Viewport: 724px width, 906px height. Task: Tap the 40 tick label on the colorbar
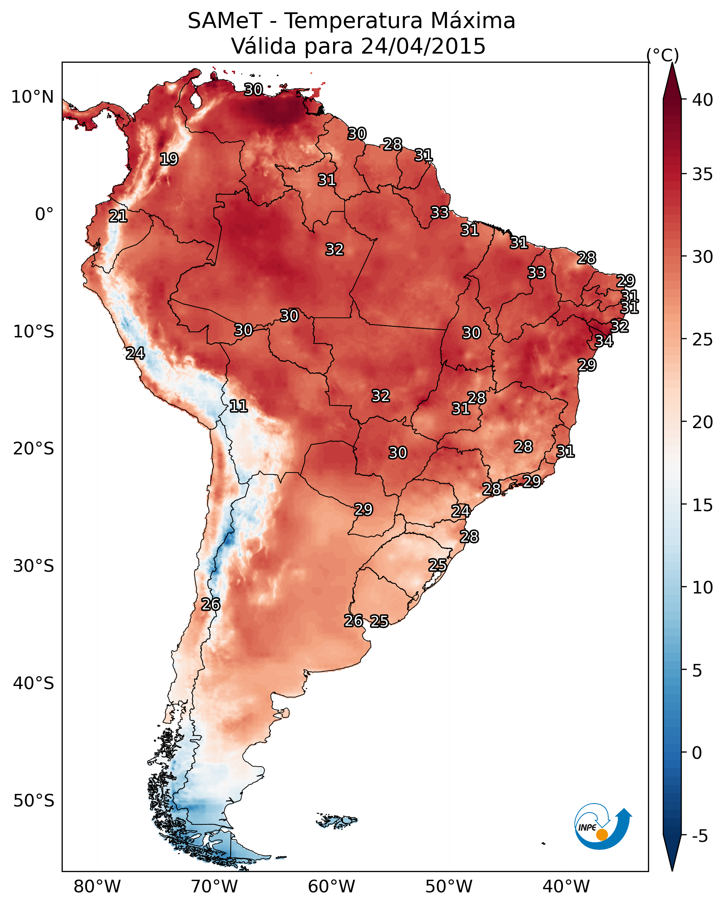coord(703,99)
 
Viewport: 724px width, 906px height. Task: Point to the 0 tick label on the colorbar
coord(697,753)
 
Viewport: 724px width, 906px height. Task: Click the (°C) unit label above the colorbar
coord(663,55)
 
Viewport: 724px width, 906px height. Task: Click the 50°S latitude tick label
coord(34,801)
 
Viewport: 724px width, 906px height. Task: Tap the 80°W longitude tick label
coord(97,886)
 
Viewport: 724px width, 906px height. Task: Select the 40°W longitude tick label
coord(566,886)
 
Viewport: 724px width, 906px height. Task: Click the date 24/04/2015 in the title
coord(423,46)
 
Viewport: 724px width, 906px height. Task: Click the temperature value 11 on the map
coord(238,406)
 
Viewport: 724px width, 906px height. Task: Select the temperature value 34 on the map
coord(604,341)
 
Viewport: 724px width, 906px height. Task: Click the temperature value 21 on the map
coord(118,216)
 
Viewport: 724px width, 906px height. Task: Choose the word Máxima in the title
coord(473,21)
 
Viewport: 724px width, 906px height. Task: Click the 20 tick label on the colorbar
coord(703,422)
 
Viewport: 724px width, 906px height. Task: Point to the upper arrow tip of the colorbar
coord(672,63)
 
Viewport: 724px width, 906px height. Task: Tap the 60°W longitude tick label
coord(332,886)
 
